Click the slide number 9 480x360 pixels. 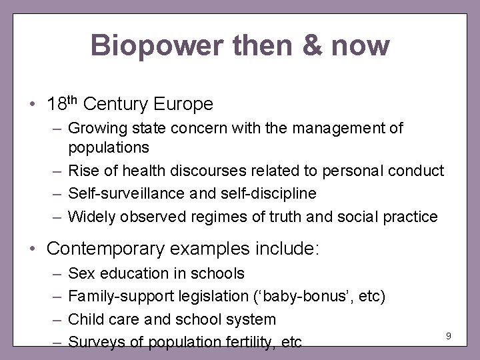(449, 335)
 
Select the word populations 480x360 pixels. (109, 146)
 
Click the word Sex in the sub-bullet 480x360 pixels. (81, 273)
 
